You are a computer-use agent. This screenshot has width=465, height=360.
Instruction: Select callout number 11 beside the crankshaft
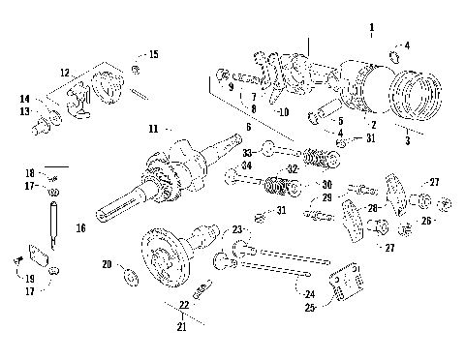153,128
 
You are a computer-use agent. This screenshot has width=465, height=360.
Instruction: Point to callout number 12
64,74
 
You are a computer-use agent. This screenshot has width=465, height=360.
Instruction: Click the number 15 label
153,53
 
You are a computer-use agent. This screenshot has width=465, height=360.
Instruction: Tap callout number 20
107,263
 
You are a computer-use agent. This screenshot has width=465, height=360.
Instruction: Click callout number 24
309,294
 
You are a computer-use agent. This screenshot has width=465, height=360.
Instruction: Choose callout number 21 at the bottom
182,326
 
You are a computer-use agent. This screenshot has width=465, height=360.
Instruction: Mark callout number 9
231,88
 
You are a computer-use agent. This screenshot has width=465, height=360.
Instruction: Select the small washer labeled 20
129,280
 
